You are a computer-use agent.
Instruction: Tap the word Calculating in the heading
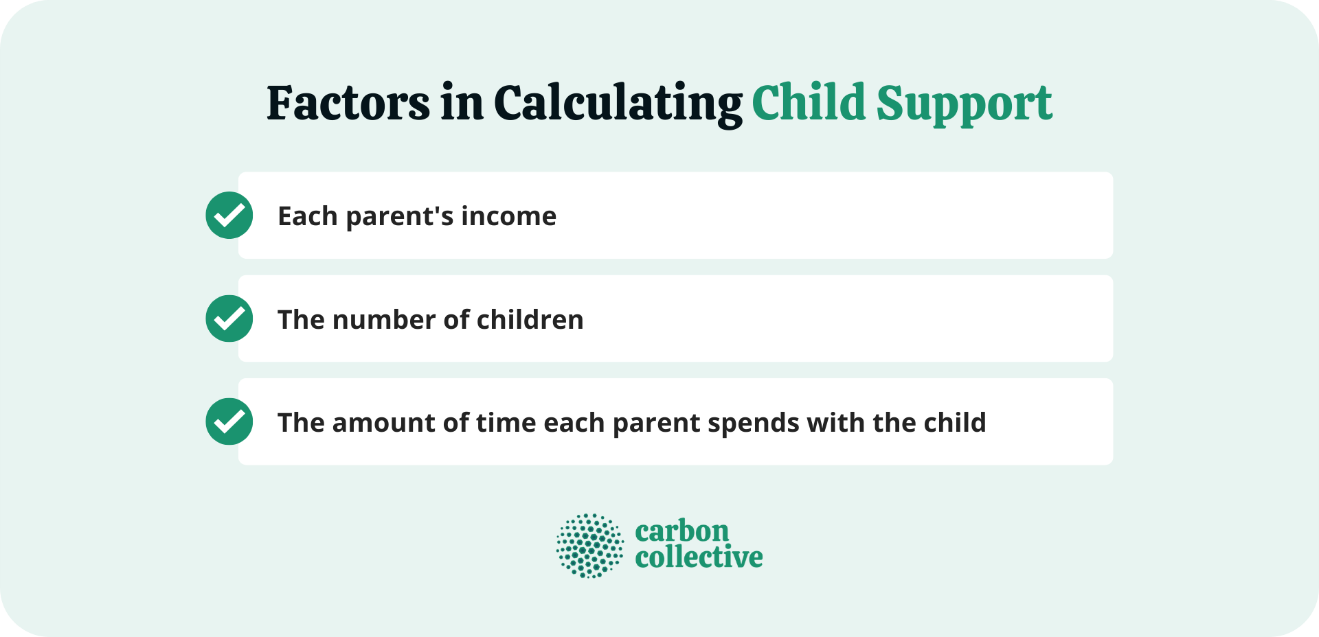(x=617, y=104)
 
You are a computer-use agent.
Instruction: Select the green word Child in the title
(x=808, y=103)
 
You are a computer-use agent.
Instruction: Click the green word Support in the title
(x=963, y=104)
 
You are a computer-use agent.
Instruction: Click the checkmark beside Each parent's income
(x=229, y=216)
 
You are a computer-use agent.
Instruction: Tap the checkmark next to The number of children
(x=229, y=318)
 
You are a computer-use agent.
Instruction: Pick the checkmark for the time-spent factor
(x=229, y=421)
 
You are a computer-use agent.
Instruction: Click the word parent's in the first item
(x=400, y=218)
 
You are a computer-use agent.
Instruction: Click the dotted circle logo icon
(x=590, y=546)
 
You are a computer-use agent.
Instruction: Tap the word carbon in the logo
(x=681, y=531)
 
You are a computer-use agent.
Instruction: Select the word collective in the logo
(x=699, y=557)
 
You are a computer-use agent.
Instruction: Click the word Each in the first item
(x=307, y=216)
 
